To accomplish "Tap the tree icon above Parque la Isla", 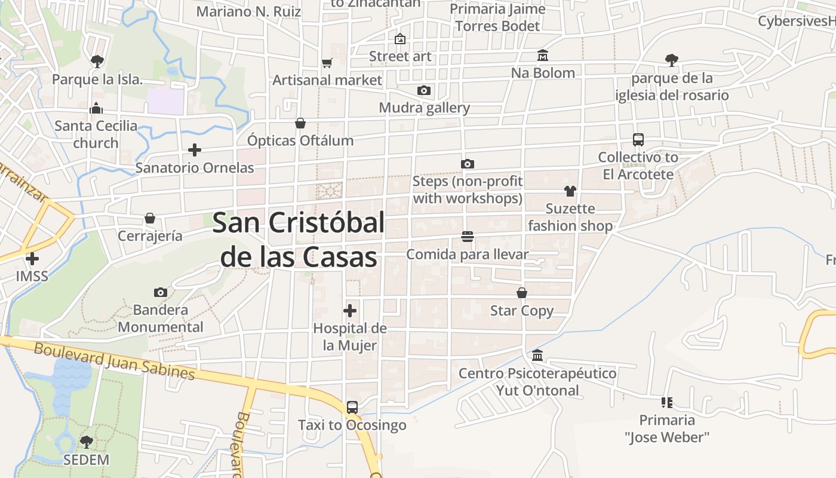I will pyautogui.click(x=97, y=61).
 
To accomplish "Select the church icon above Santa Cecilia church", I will pyautogui.click(x=96, y=108).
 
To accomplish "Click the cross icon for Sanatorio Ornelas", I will pyautogui.click(x=195, y=150).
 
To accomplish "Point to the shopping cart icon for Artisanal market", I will pyautogui.click(x=327, y=63).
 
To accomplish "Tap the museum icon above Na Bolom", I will pyautogui.click(x=543, y=56).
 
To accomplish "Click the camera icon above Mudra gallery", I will pyautogui.click(x=424, y=91).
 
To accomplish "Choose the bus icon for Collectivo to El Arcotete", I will pyautogui.click(x=638, y=140).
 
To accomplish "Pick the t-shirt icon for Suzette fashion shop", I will pyautogui.click(x=570, y=191).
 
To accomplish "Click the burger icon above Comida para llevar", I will pyautogui.click(x=468, y=237).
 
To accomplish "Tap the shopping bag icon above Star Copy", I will pyautogui.click(x=522, y=293).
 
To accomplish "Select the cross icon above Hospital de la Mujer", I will pyautogui.click(x=350, y=311).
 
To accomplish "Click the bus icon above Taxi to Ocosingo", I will pyautogui.click(x=352, y=407).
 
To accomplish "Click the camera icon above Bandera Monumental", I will pyautogui.click(x=160, y=292).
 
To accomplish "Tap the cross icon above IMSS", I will pyautogui.click(x=32, y=259).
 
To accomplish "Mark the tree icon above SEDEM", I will pyautogui.click(x=87, y=442).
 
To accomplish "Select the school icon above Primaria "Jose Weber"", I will pyautogui.click(x=667, y=403).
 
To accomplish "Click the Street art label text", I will pyautogui.click(x=400, y=56).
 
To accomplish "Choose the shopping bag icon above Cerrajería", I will pyautogui.click(x=150, y=218).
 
